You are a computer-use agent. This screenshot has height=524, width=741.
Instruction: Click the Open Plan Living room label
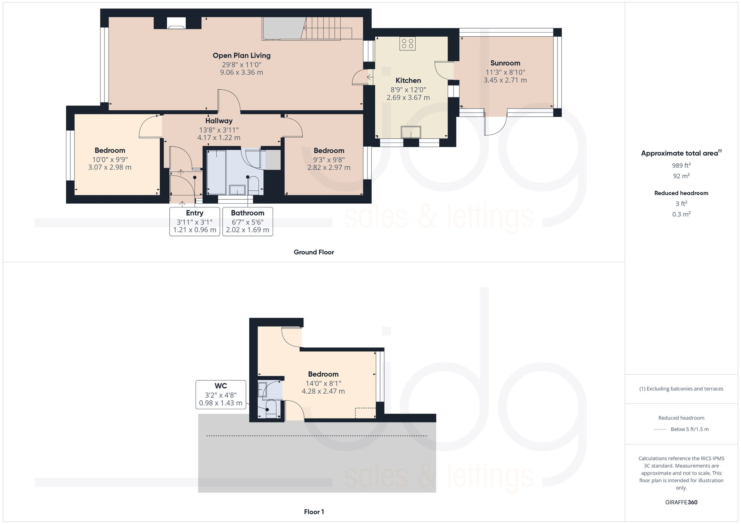(x=242, y=56)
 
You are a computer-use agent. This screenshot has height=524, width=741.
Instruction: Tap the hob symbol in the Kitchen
(x=407, y=44)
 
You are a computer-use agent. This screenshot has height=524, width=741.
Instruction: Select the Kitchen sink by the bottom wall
(x=411, y=132)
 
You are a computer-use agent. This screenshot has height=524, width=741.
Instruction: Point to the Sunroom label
(x=505, y=63)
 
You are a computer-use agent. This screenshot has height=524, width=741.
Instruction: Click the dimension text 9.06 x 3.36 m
(x=242, y=73)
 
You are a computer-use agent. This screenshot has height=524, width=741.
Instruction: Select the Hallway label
(x=219, y=121)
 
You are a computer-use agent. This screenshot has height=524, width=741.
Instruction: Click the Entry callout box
(x=195, y=221)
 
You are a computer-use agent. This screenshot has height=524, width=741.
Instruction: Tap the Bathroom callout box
(x=247, y=221)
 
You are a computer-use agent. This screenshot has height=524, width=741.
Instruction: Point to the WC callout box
(x=220, y=394)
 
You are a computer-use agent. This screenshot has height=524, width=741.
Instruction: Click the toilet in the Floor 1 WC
(x=271, y=409)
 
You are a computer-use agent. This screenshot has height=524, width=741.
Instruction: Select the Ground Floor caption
(x=314, y=252)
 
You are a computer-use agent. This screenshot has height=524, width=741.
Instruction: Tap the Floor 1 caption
(x=314, y=512)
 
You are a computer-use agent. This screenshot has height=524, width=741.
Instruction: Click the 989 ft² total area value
(x=681, y=166)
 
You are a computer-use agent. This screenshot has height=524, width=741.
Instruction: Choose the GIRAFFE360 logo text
(x=681, y=502)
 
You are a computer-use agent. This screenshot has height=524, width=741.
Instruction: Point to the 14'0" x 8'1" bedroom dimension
(x=323, y=383)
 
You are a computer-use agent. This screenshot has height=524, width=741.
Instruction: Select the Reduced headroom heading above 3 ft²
(x=681, y=193)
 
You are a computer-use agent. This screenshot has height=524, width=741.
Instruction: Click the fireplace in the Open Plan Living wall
(x=176, y=23)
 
